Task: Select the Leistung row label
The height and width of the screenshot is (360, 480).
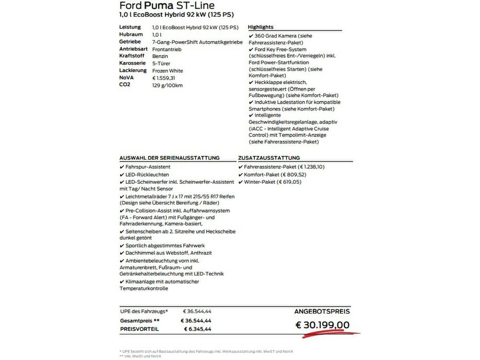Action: point(130,27)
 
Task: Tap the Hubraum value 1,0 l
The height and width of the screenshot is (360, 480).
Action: point(157,35)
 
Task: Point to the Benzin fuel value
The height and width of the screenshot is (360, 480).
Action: point(160,56)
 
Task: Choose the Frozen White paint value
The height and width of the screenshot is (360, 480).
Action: point(167,71)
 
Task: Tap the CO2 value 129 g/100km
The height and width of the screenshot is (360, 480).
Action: point(167,85)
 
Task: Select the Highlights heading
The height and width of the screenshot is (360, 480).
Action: point(261,27)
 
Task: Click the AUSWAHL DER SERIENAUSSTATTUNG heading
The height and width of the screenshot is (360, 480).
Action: point(169,157)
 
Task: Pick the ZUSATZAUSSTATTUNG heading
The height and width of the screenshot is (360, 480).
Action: point(269,157)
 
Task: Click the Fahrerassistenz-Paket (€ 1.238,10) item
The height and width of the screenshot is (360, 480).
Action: point(284,167)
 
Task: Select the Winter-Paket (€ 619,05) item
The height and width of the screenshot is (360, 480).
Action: point(275,182)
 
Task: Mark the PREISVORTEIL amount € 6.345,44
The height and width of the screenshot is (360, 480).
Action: point(197,329)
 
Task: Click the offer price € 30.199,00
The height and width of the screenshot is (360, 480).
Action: point(322,325)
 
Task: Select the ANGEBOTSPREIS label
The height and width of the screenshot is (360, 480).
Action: point(322,311)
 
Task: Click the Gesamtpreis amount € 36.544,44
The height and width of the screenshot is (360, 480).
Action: point(196,320)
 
